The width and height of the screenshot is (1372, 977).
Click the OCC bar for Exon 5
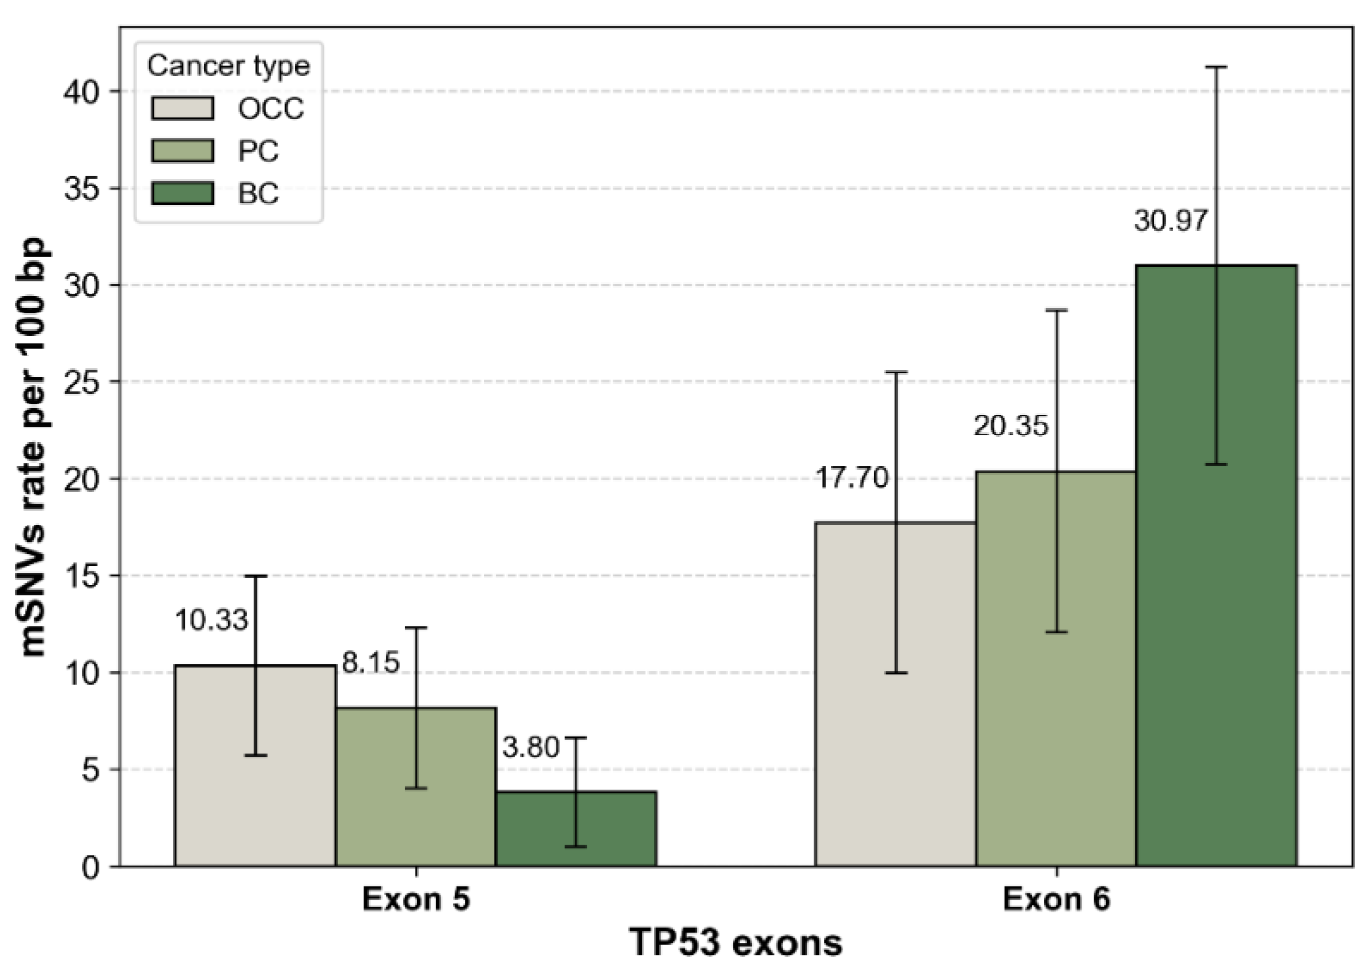[255, 765]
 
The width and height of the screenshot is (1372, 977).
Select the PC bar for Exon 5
[416, 787]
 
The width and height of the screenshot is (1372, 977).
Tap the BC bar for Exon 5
[576, 828]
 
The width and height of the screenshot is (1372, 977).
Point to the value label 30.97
[1170, 221]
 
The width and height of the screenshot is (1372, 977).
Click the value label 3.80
[531, 748]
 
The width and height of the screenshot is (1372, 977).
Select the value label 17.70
[852, 478]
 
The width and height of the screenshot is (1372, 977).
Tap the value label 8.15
[371, 663]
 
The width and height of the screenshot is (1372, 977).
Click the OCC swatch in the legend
[183, 108]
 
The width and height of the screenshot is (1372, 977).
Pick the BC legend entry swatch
[183, 193]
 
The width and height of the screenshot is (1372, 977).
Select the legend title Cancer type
[229, 66]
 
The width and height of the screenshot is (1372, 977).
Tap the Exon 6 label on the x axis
[1056, 900]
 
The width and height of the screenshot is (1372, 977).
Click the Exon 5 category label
[416, 900]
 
